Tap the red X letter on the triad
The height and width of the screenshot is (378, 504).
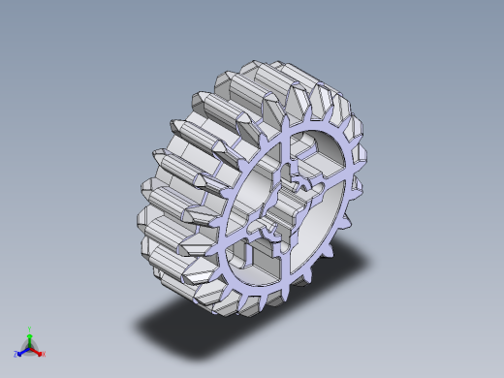click(44, 354)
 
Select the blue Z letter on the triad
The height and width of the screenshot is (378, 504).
click(16, 354)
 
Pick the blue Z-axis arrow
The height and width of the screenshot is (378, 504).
click(22, 350)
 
